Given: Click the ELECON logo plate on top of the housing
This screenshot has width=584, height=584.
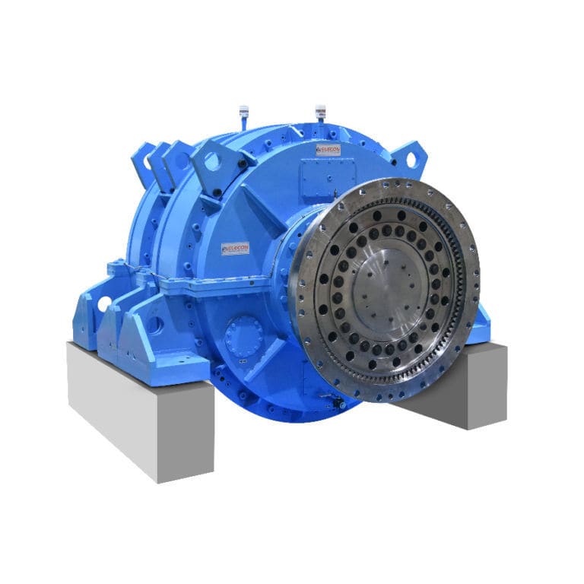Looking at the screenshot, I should pos(328,150).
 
